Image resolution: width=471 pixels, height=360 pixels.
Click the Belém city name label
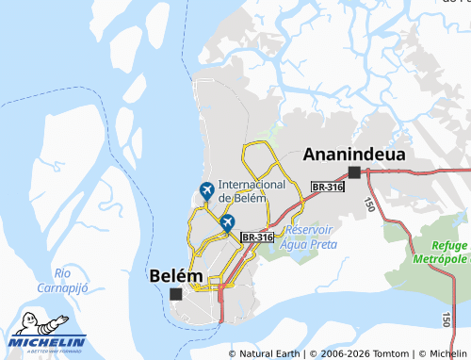pos(176,275)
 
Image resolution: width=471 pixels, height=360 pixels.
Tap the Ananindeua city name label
pos(354,154)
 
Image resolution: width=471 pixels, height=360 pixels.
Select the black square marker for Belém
pos(175,294)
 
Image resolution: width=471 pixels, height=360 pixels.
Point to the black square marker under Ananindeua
pos(354,172)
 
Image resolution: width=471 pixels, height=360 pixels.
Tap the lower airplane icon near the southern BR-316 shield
pos(227,222)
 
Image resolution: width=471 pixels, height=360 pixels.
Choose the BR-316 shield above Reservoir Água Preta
pos(257,237)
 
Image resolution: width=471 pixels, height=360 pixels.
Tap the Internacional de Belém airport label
pos(251,190)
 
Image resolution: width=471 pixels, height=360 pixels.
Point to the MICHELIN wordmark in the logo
pos(48,342)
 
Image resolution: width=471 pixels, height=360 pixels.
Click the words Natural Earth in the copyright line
pos(270,353)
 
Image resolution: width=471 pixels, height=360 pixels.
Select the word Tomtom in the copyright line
pos(385,353)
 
